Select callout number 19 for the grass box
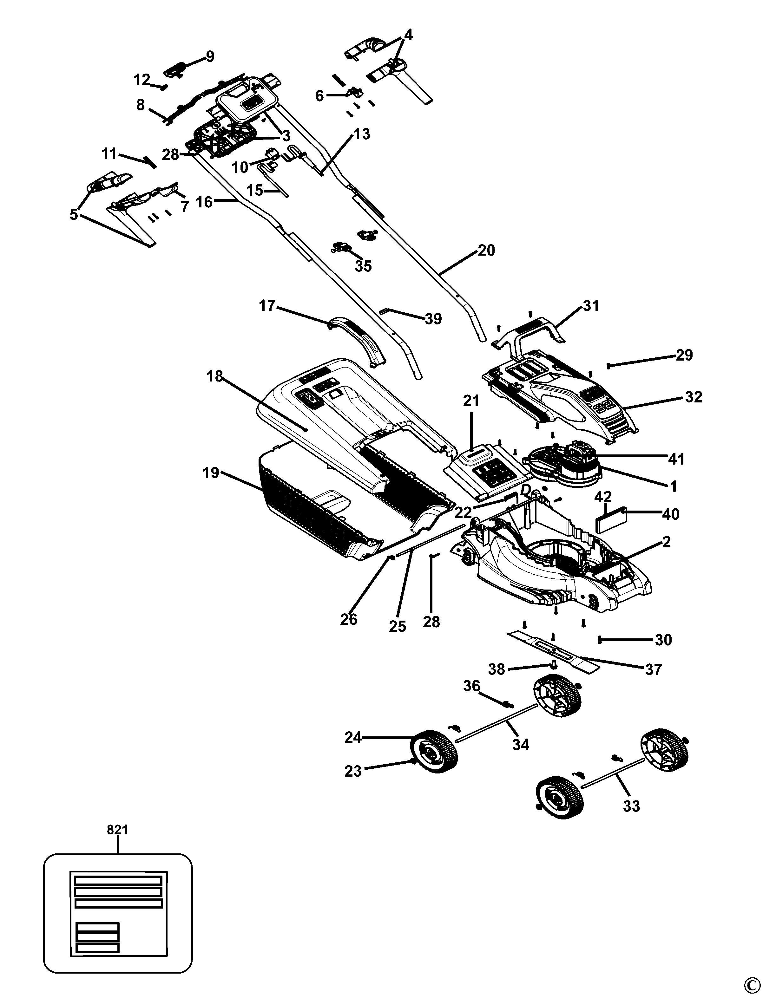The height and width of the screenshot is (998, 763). point(211,473)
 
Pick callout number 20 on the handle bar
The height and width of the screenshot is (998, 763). point(486,250)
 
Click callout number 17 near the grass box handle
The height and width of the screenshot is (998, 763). point(267,306)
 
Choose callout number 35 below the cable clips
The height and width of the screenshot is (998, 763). point(363,266)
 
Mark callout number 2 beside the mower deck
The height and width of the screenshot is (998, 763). point(666,542)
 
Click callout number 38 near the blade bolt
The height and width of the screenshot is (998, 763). point(497,669)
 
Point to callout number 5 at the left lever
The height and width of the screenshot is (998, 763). point(74,214)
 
